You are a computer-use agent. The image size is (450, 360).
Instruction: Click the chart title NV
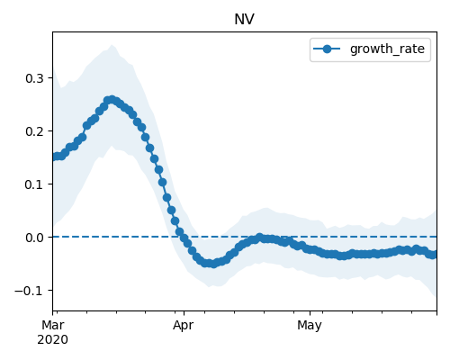(x=244, y=20)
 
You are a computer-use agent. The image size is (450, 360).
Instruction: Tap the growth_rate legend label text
(x=387, y=49)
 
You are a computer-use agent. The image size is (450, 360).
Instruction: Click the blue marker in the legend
(x=327, y=49)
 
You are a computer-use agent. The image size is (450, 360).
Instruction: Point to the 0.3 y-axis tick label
(x=34, y=78)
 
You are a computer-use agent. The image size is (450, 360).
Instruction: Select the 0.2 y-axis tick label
(x=34, y=131)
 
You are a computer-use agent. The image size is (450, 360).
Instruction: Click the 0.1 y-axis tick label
(x=34, y=184)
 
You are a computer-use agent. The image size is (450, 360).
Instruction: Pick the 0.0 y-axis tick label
(x=34, y=238)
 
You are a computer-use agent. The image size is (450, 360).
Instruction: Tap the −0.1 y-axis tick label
(x=29, y=291)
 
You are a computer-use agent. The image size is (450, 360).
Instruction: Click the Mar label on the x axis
(x=53, y=325)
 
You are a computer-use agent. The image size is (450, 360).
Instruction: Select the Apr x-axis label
(x=184, y=325)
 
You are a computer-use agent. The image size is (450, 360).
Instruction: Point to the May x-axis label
(x=310, y=325)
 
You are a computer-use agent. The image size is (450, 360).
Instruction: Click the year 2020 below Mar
(x=53, y=339)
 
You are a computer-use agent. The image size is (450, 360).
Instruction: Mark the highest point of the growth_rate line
(x=112, y=100)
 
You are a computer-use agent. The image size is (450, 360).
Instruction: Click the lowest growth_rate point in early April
(x=213, y=264)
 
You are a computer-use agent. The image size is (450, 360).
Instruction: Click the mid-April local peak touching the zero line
(x=260, y=238)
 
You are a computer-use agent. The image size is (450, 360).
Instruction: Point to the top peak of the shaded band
(x=112, y=45)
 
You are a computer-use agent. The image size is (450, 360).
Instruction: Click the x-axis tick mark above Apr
(x=184, y=313)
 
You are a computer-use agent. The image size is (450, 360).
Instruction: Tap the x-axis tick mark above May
(x=310, y=313)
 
